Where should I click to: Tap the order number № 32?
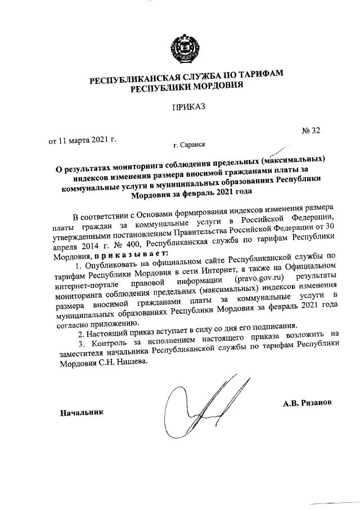310,131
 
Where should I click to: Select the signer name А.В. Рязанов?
309,403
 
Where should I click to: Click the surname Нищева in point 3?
128,363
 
